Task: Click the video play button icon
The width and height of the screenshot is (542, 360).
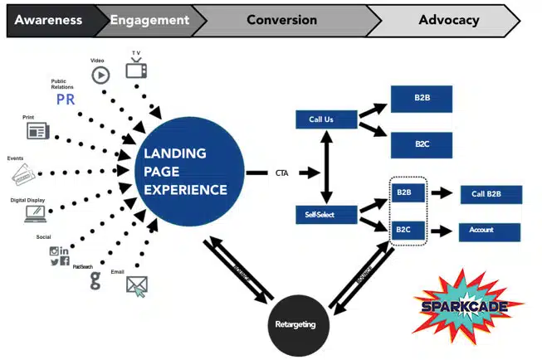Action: coord(100,75)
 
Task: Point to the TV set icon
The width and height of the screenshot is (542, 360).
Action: coord(136,69)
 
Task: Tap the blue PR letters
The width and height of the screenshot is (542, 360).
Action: coord(66,100)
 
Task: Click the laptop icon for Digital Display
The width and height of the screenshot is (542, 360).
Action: coord(35,213)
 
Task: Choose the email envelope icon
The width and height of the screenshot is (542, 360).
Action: coord(137,286)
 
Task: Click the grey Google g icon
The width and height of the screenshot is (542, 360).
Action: coord(95,281)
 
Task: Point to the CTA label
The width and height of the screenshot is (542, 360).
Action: coord(283,173)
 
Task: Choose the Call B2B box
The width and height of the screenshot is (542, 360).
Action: coord(490,194)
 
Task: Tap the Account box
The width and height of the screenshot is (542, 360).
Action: coord(490,231)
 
